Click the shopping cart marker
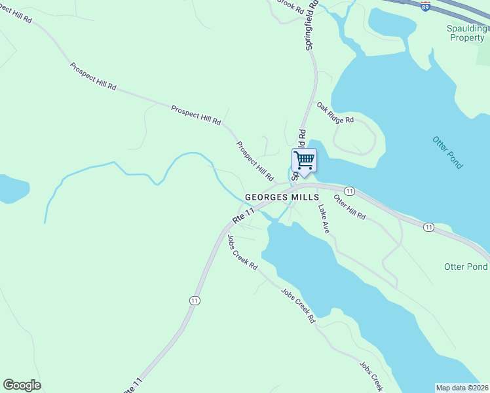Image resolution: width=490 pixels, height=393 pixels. (304, 160)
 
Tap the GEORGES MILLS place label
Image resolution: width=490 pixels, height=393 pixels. (282, 196)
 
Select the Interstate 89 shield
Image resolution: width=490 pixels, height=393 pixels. (426, 7)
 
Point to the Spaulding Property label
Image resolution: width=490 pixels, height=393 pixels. (466, 33)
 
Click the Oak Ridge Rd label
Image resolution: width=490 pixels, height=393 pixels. (335, 112)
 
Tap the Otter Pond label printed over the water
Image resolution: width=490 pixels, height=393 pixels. (448, 152)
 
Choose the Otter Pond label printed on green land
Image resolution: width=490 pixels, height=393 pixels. (465, 267)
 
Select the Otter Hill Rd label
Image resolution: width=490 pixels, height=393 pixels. (349, 206)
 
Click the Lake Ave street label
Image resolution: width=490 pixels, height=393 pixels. (324, 219)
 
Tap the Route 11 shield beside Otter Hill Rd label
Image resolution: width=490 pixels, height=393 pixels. (350, 191)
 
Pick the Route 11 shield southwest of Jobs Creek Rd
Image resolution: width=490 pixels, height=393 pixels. (195, 299)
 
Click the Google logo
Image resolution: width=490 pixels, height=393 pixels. (22, 385)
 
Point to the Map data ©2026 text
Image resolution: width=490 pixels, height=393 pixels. (462, 387)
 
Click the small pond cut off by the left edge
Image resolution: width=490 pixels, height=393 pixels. (12, 189)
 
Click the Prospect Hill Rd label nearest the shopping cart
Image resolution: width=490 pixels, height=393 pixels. (255, 161)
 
